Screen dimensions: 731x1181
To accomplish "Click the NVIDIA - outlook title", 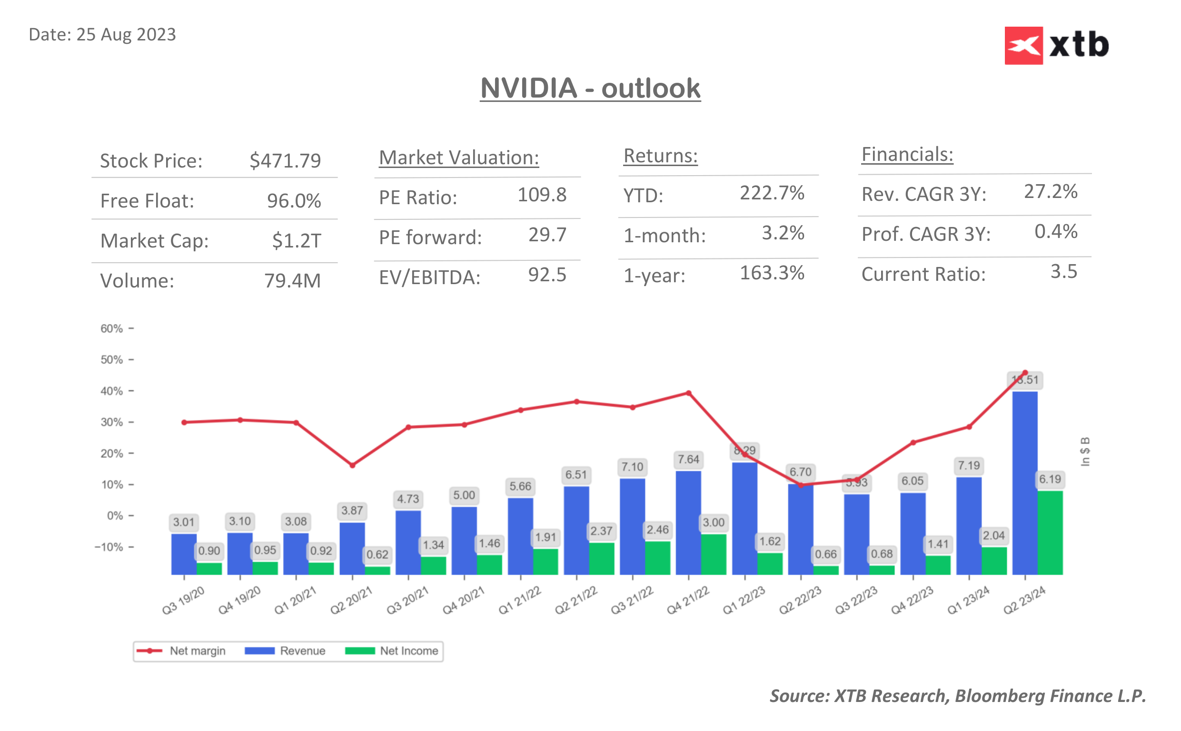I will pyautogui.click(x=590, y=89).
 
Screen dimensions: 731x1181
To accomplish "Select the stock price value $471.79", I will pyautogui.click(x=285, y=160).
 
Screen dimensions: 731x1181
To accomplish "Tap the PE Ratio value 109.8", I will pyautogui.click(x=541, y=195).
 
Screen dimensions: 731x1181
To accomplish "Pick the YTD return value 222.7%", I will pyautogui.click(x=772, y=193).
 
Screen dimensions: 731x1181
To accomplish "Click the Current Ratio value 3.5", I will pyautogui.click(x=1063, y=272).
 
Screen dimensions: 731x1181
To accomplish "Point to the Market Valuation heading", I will pyautogui.click(x=458, y=158).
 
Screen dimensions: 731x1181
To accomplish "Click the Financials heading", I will pyautogui.click(x=906, y=155).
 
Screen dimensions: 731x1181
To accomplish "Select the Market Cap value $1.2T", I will pyautogui.click(x=296, y=240).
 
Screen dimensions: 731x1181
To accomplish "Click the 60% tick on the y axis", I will pyautogui.click(x=112, y=329).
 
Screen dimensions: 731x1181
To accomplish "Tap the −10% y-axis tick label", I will pyautogui.click(x=109, y=547).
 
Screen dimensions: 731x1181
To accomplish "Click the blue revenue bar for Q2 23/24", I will pyautogui.click(x=1024, y=484).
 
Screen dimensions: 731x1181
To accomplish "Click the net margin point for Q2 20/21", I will pyautogui.click(x=352, y=465).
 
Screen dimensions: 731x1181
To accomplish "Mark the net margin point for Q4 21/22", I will pyautogui.click(x=688, y=393).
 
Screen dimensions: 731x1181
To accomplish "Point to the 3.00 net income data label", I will pyautogui.click(x=713, y=522).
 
